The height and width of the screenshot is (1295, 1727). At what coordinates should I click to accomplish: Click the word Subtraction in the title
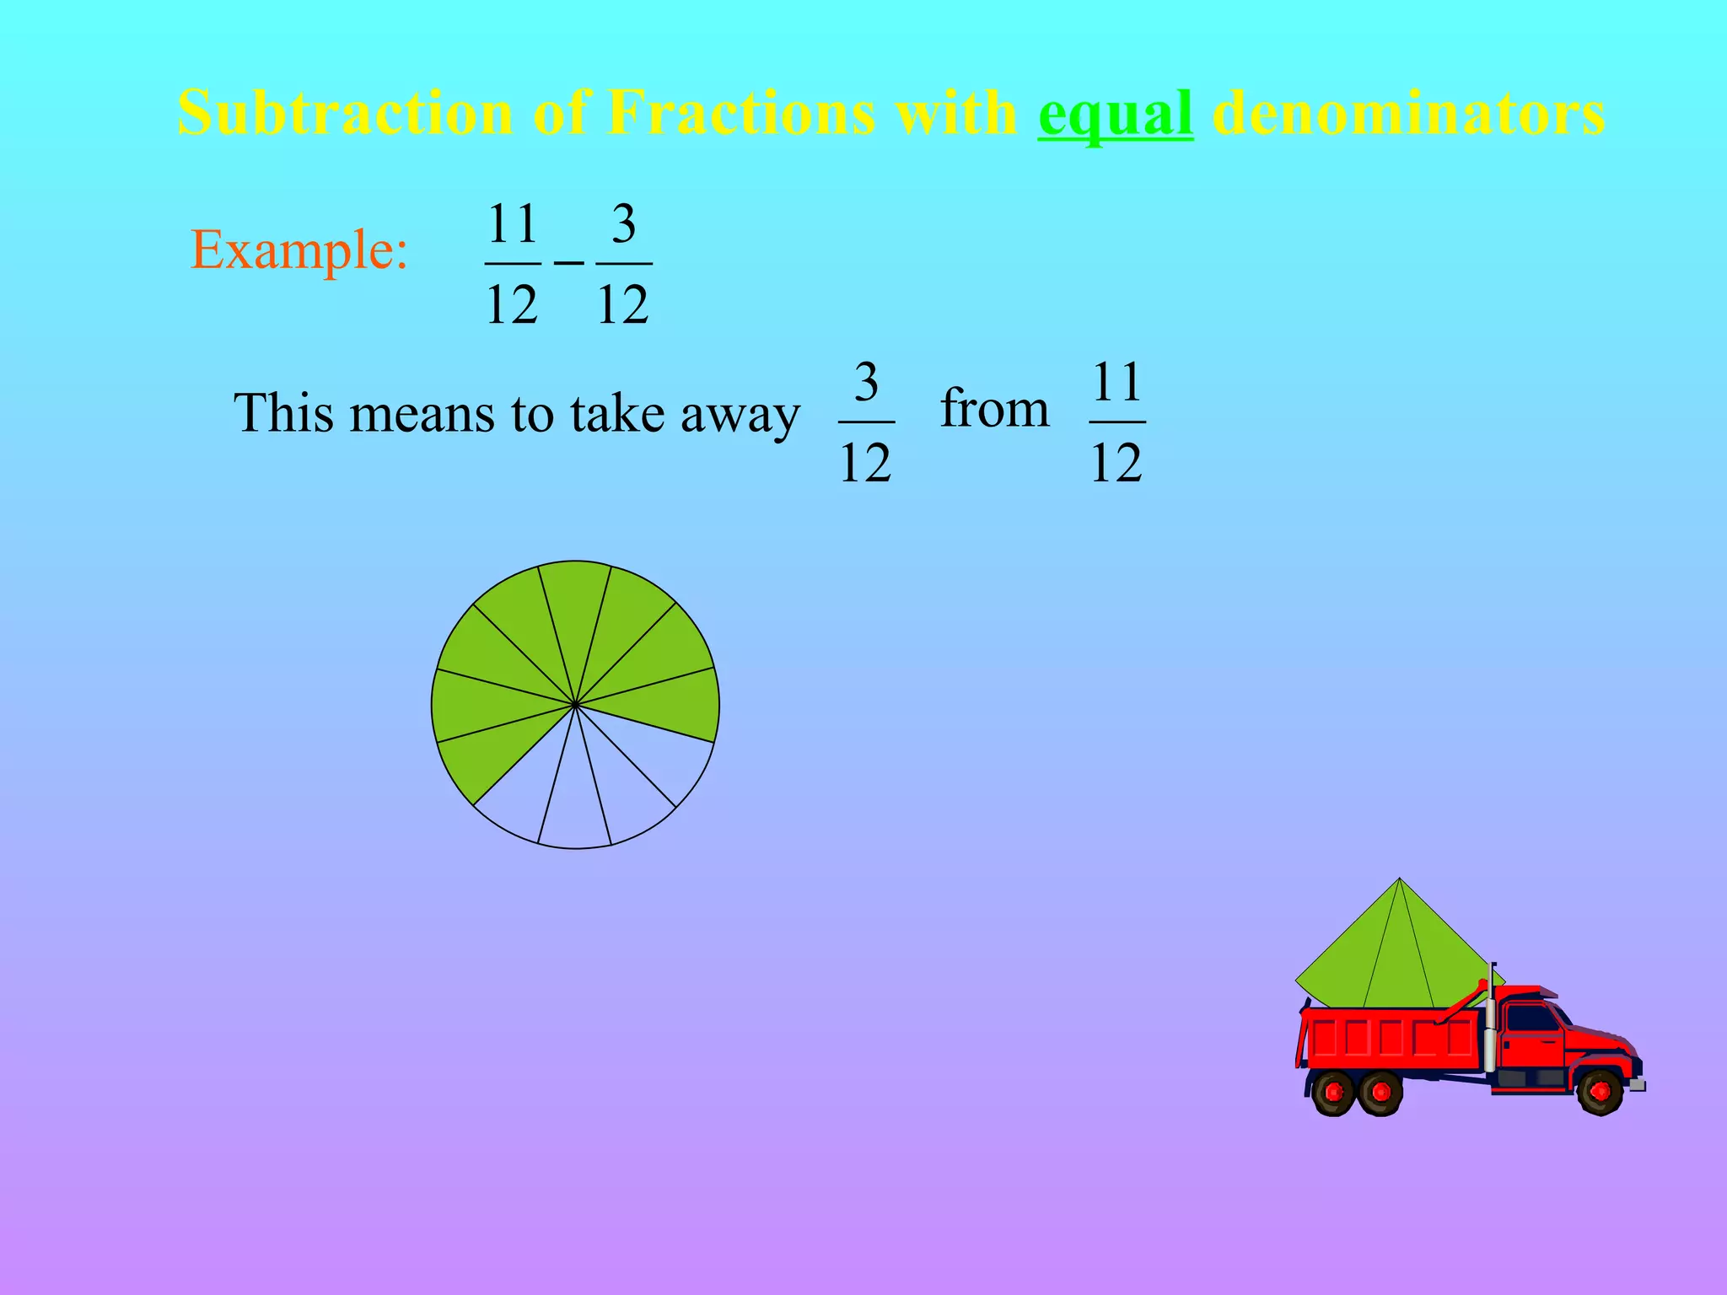click(x=345, y=113)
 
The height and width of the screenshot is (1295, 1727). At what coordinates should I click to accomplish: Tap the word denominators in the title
click(x=1407, y=113)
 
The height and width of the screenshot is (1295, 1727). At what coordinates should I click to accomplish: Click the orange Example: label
click(x=299, y=250)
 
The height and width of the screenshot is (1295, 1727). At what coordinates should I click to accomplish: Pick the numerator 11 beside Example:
click(x=513, y=224)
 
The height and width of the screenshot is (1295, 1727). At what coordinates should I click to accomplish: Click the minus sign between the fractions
click(x=568, y=264)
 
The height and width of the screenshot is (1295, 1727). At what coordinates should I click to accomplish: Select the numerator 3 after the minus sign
click(x=623, y=224)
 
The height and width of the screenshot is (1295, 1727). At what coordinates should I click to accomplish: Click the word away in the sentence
click(x=740, y=415)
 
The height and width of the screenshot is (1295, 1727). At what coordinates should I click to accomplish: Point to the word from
click(x=994, y=409)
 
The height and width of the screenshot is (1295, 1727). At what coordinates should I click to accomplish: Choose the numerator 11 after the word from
click(x=1116, y=383)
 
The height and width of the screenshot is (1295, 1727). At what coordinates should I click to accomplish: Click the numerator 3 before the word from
click(x=866, y=383)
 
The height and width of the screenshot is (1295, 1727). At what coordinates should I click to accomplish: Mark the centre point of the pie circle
click(x=575, y=704)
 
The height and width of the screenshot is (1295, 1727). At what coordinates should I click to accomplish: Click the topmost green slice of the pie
click(x=575, y=607)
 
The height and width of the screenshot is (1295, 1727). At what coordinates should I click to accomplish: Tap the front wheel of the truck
click(x=1600, y=1091)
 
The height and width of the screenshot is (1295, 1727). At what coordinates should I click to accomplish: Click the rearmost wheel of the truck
click(x=1334, y=1093)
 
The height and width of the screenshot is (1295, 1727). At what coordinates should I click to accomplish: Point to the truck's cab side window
click(x=1531, y=1018)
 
